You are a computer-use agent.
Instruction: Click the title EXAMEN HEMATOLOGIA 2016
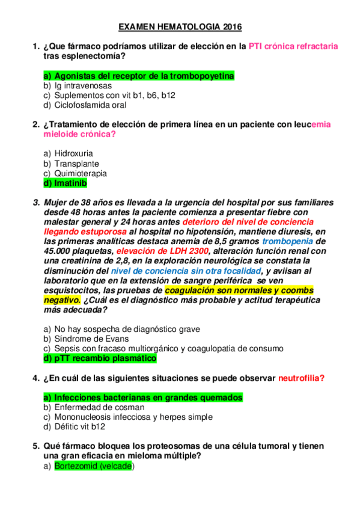point(180,27)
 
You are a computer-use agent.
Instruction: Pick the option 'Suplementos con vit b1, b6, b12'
point(114,95)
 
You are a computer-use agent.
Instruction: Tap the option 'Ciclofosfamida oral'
point(90,105)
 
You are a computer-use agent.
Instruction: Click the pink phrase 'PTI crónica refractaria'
point(293,46)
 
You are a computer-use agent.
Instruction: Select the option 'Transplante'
point(76,164)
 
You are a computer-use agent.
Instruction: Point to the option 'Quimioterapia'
point(81,173)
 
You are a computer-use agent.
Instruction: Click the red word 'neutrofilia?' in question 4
point(301,378)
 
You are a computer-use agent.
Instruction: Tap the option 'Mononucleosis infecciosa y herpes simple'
point(132,417)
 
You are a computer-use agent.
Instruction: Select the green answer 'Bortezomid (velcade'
point(93,465)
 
